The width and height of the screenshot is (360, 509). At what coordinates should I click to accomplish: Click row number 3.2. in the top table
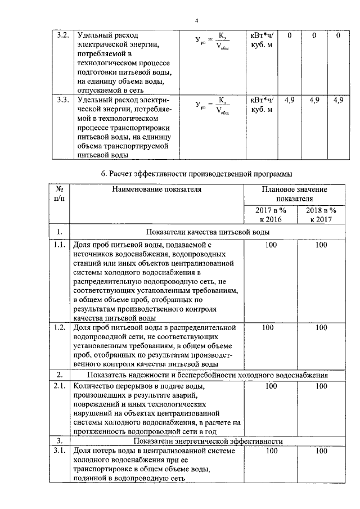[64, 35]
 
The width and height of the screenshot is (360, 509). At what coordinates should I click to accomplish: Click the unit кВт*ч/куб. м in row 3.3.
[262, 105]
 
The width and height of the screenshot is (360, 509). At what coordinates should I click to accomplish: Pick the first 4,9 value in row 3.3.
[290, 100]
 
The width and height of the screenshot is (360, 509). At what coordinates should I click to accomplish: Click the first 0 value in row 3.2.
[289, 35]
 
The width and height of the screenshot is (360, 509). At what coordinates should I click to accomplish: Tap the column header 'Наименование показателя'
[156, 190]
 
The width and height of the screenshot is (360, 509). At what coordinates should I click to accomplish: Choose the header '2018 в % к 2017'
[321, 215]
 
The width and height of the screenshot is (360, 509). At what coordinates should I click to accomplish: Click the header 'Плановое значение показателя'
[295, 195]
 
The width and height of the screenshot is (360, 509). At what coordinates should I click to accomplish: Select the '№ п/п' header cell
[58, 195]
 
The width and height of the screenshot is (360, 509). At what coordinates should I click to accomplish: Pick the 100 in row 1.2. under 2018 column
[321, 327]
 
